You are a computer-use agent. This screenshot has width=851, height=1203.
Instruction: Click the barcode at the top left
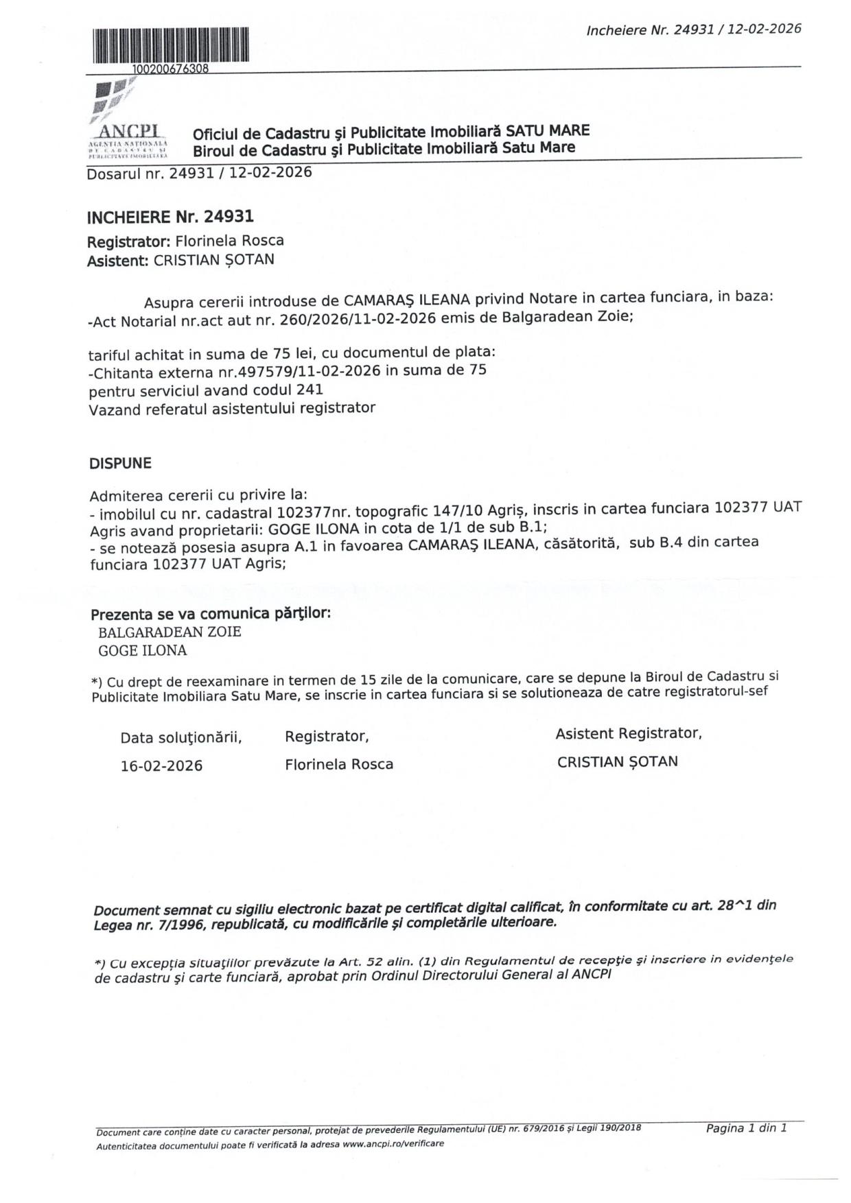170,46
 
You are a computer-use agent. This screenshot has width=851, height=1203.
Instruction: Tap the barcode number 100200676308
170,69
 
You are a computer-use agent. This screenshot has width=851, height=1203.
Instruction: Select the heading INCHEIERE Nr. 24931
170,217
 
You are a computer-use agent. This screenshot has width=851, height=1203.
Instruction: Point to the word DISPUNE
120,464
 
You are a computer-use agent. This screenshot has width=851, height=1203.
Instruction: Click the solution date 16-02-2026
161,766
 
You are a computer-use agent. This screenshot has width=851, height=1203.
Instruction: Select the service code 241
310,390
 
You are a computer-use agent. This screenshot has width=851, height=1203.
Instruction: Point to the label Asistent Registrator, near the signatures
628,734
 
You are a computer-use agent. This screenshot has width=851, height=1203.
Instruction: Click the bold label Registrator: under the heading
128,242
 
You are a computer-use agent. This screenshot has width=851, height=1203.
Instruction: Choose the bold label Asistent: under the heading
118,261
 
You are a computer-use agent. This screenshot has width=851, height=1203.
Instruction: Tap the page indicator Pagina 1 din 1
746,1128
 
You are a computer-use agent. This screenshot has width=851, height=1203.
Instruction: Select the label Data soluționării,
181,738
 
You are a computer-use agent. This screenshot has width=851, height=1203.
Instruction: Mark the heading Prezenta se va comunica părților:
211,613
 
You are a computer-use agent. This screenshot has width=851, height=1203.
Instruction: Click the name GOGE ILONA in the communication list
143,651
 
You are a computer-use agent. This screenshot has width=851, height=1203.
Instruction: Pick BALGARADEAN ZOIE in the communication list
170,632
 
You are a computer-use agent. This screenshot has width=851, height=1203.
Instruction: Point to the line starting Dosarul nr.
199,172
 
